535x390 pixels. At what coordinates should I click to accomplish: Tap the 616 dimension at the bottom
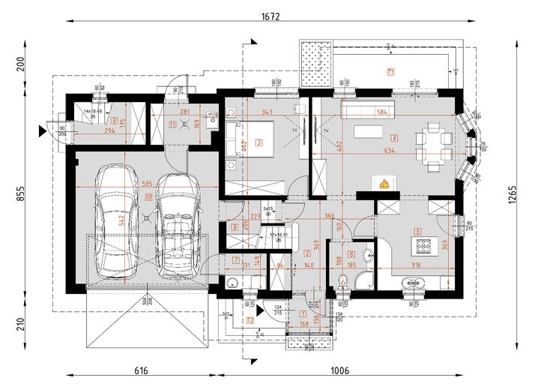point(141,370)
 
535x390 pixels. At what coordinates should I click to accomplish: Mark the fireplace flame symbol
point(382,182)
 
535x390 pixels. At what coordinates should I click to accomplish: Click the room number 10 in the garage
point(149,197)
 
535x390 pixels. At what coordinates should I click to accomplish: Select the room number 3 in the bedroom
point(259,141)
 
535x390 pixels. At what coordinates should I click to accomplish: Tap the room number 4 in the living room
point(394,138)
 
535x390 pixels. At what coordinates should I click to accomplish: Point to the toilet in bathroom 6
point(343,282)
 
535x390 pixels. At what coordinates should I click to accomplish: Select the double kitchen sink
point(414,283)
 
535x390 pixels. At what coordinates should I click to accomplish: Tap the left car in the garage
point(114,219)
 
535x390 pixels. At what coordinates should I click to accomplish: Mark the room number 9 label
point(113,120)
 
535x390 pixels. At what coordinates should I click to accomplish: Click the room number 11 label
point(173,125)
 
